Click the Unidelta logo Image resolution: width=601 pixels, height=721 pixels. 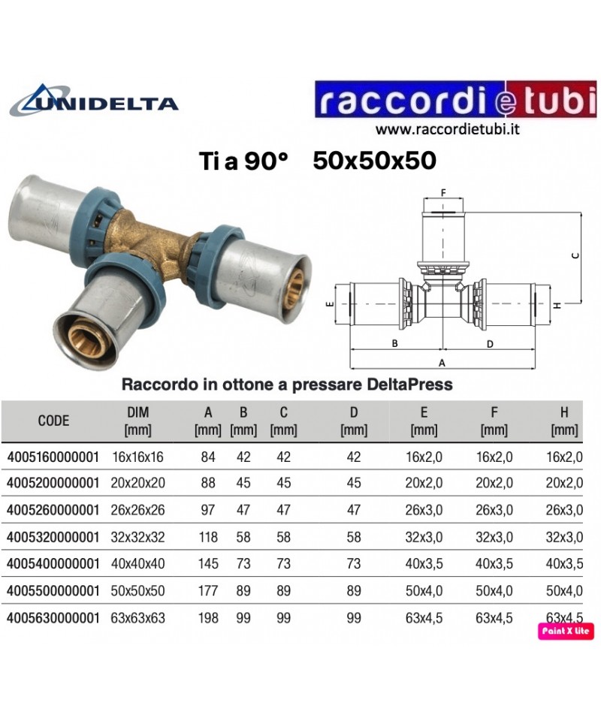[x=94, y=100]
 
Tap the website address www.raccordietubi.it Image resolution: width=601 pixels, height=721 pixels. [x=447, y=129]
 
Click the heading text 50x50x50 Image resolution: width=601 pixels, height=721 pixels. [x=374, y=161]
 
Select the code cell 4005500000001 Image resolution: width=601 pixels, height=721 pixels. [x=53, y=591]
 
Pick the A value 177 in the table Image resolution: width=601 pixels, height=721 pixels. [x=208, y=591]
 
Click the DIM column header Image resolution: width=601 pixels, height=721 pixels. [x=138, y=421]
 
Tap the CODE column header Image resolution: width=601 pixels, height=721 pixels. [x=53, y=421]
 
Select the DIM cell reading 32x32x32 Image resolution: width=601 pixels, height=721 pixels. [x=138, y=537]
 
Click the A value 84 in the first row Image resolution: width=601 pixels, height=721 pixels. [x=208, y=457]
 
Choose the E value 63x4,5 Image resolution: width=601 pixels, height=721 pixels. [x=424, y=618]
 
